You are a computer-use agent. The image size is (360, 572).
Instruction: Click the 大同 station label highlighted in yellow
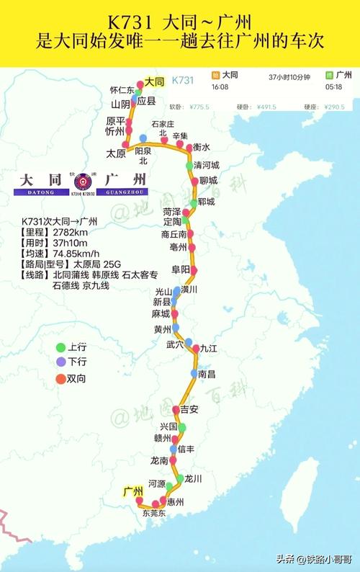155,82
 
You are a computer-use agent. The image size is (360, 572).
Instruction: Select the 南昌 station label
207,374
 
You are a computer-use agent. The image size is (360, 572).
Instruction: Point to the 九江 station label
209,348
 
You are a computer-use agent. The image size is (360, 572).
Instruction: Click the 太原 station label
116,153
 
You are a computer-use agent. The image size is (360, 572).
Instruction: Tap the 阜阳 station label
181,269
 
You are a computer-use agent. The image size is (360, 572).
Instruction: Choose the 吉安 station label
189,409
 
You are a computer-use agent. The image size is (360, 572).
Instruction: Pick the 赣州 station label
163,438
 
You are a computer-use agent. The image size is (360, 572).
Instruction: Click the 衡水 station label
201,147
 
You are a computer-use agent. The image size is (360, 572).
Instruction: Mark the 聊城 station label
208,180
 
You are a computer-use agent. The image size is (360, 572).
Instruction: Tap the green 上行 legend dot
61,347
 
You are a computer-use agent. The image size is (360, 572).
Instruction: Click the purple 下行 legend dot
61,362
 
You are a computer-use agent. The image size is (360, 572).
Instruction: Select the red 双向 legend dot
61,378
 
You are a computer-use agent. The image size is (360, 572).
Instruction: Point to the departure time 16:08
220,86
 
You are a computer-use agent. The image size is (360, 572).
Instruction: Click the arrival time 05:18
334,86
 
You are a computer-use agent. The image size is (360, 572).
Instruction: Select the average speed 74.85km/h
76,254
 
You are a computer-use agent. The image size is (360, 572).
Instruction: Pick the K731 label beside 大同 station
185,82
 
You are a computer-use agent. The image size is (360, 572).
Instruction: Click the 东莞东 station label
154,514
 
